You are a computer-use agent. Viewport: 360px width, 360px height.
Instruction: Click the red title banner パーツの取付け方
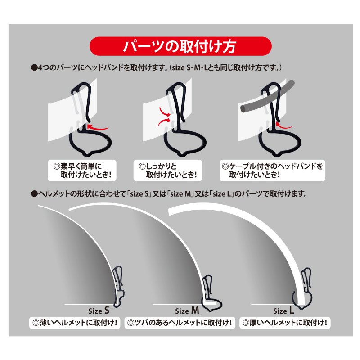coord(180,46)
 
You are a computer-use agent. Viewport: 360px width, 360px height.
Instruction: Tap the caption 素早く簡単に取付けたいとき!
coord(82,171)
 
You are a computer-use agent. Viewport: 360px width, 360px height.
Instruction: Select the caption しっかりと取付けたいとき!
coord(168,171)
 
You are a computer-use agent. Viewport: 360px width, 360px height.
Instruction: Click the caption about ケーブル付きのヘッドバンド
coord(272,171)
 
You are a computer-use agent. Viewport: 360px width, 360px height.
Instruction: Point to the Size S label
coord(99,310)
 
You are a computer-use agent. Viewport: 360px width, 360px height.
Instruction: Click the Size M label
coord(187,310)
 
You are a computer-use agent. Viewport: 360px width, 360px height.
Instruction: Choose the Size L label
coord(283,310)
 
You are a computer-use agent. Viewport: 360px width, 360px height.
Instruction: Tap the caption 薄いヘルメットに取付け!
coord(75,323)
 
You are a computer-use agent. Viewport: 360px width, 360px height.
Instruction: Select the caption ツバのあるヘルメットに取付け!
coord(180,323)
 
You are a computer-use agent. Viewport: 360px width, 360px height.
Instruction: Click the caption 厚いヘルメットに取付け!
coord(285,323)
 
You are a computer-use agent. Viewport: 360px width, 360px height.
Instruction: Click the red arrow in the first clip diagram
coord(98,127)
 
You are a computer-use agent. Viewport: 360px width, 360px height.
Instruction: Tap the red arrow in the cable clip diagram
coord(283,126)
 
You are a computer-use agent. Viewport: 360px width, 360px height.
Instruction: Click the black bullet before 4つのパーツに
coord(34,68)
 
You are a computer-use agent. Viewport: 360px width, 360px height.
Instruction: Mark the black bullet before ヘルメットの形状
coord(34,194)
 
